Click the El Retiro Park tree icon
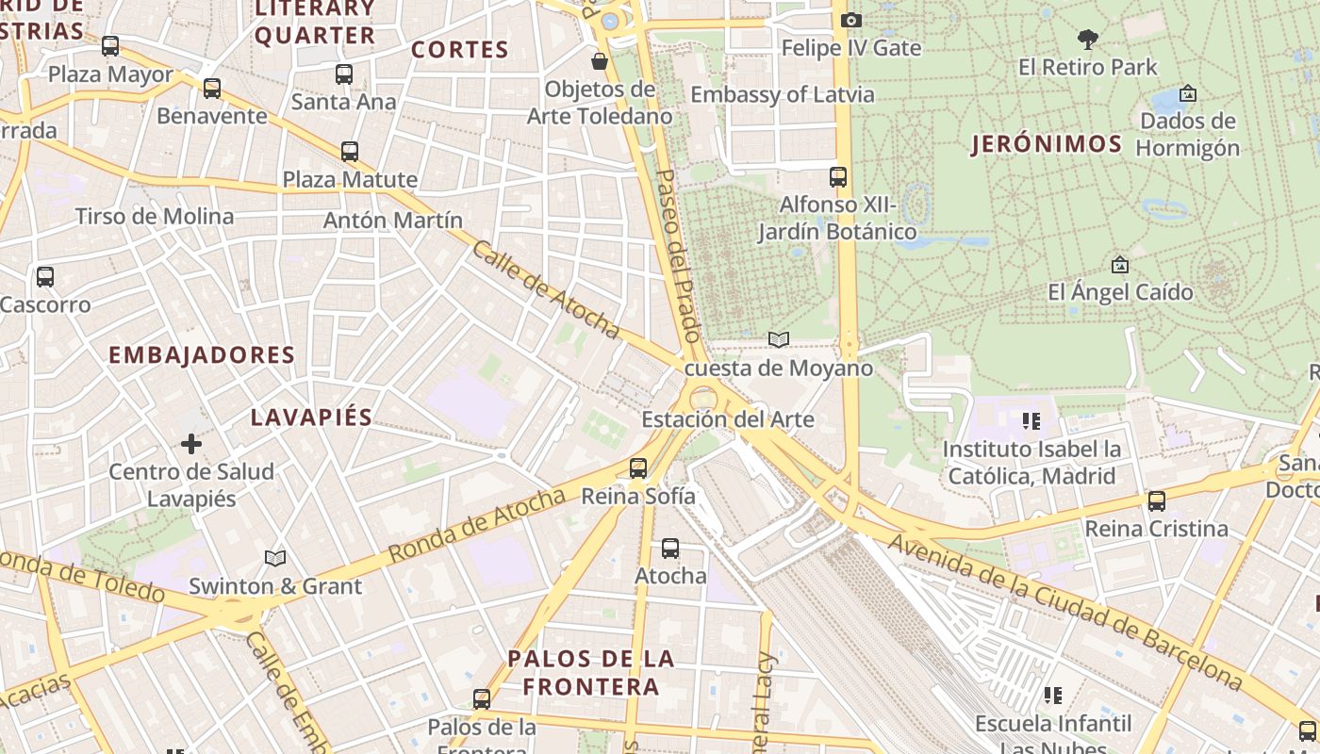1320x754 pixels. (1088, 39)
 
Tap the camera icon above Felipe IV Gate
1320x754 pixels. (850, 20)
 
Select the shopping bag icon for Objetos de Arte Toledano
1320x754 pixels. (599, 62)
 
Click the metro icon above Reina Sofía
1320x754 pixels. (638, 467)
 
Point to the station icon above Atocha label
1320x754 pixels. (670, 548)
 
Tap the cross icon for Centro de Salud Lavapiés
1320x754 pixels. (191, 443)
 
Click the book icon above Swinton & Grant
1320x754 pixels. (274, 559)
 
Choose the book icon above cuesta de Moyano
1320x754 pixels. (778, 340)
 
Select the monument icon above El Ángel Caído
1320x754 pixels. (1120, 265)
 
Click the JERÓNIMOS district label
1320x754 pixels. (1047, 144)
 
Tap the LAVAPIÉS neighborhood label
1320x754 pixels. (311, 418)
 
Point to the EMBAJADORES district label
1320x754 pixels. (202, 355)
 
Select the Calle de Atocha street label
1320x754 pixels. (546, 289)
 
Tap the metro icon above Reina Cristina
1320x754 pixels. (1156, 501)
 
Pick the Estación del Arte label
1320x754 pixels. (727, 419)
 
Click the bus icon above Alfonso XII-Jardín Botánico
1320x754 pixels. (837, 176)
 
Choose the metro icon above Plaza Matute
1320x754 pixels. (350, 151)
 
